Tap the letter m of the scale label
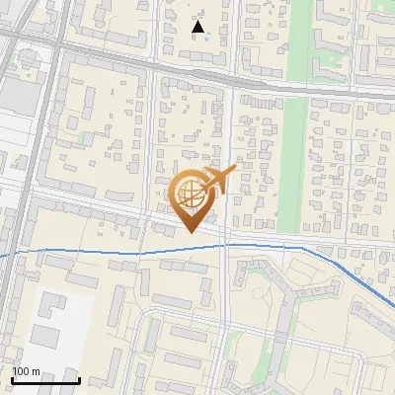(36, 371)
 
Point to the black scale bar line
(45, 380)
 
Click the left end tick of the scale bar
(12, 378)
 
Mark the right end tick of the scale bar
(79, 378)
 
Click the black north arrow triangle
(198, 27)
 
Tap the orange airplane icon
(219, 181)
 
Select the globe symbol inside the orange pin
(189, 194)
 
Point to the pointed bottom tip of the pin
(189, 232)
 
